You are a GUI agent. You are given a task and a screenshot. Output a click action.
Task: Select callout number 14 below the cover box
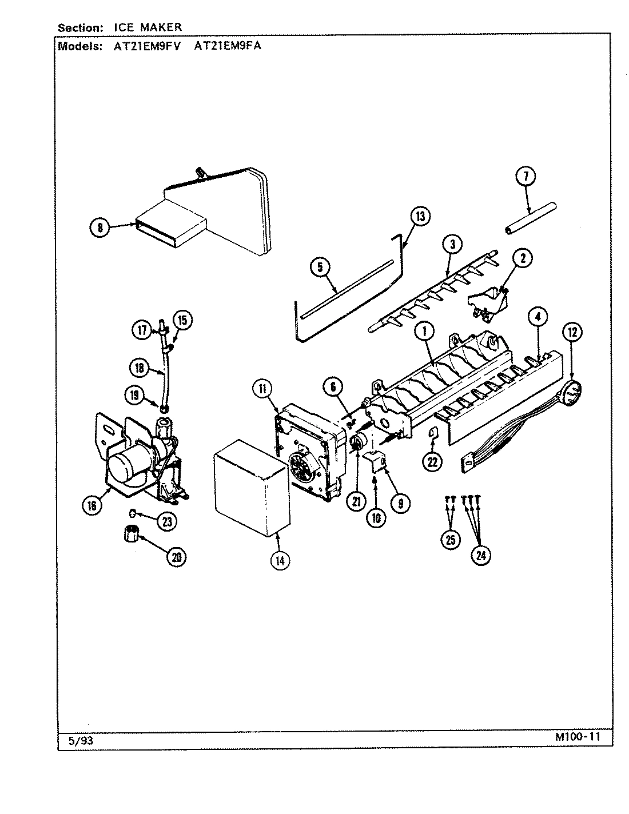pos(279,560)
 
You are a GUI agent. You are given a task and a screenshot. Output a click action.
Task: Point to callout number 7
pos(526,177)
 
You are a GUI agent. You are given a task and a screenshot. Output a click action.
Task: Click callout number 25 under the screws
pos(451,540)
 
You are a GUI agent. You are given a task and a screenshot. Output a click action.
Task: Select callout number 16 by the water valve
pos(93,505)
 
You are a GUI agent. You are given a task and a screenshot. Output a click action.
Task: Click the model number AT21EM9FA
pos(228,46)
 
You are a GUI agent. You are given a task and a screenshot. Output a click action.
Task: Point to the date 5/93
pos(80,740)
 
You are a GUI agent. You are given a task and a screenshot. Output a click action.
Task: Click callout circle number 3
pos(452,245)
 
